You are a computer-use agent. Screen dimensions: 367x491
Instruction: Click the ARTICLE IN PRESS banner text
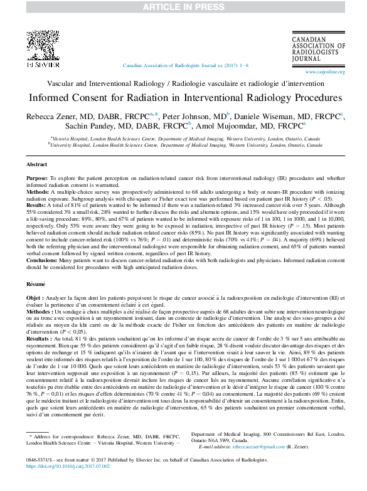point(183,6)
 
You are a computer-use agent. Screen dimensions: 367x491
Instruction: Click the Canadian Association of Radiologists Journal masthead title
point(319,50)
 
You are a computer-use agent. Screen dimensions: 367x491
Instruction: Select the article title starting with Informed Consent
point(183,98)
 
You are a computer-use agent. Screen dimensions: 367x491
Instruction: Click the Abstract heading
point(36,164)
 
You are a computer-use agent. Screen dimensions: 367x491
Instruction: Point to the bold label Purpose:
point(38,177)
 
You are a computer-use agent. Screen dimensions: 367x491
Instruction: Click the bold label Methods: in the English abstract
point(38,191)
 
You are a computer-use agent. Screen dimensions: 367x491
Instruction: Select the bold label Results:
point(37,204)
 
